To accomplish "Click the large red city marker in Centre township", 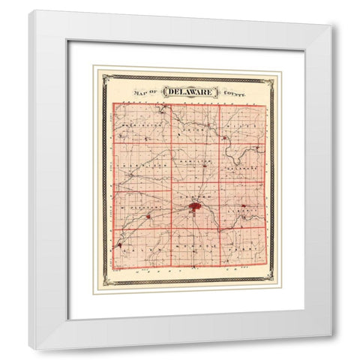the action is (194, 206).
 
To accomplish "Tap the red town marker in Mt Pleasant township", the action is (148, 217).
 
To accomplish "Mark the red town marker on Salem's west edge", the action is (119, 244).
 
